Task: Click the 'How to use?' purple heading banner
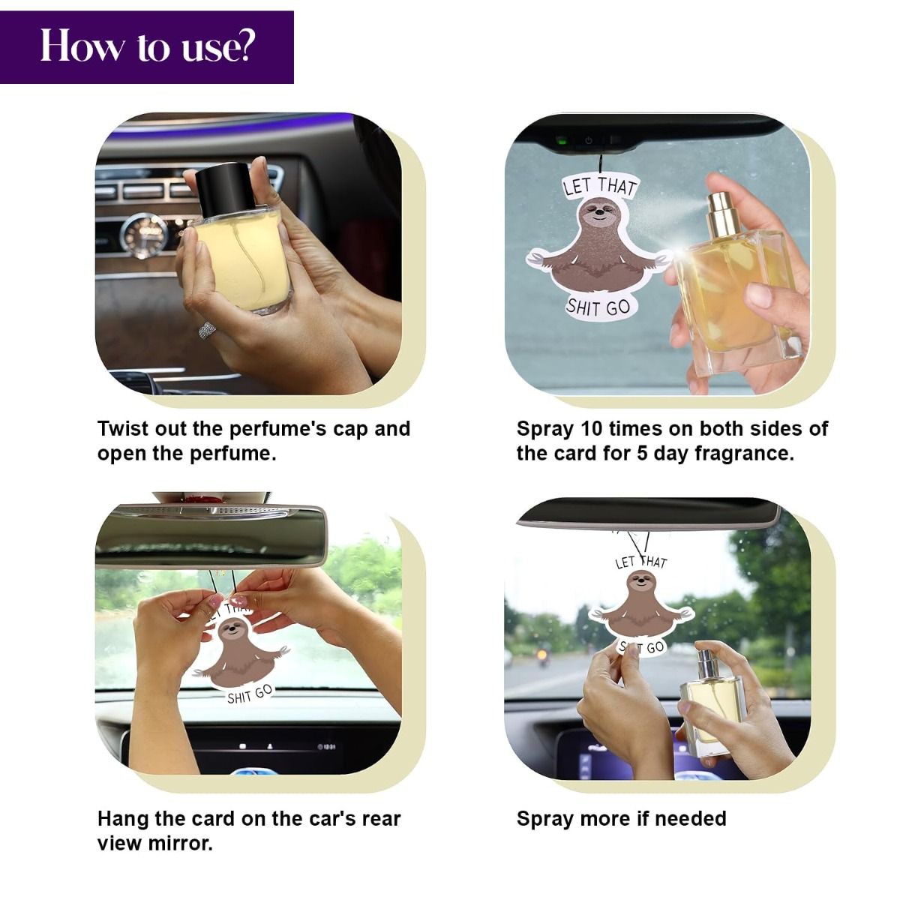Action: coord(147,47)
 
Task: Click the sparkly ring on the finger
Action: coord(207,330)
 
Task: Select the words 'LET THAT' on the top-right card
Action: coord(600,186)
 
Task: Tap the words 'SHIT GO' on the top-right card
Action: coord(598,307)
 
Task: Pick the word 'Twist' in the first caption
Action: coord(123,428)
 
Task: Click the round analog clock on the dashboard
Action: coord(143,235)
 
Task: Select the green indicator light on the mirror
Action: coord(562,140)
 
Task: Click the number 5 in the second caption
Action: coord(642,454)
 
